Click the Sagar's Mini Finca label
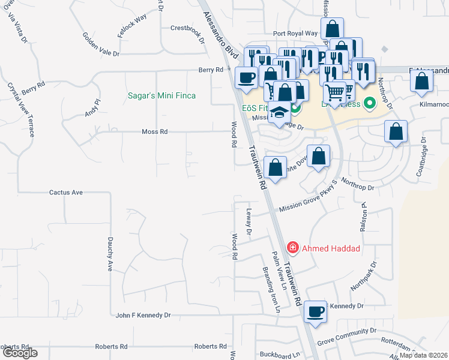[162, 95]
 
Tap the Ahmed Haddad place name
[330, 247]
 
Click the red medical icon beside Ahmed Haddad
[292, 247]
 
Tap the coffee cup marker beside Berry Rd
[246, 77]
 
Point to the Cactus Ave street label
[65, 193]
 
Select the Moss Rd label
[155, 131]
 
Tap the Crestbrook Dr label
[188, 28]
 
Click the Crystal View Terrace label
[21, 109]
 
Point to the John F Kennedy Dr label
[143, 314]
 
